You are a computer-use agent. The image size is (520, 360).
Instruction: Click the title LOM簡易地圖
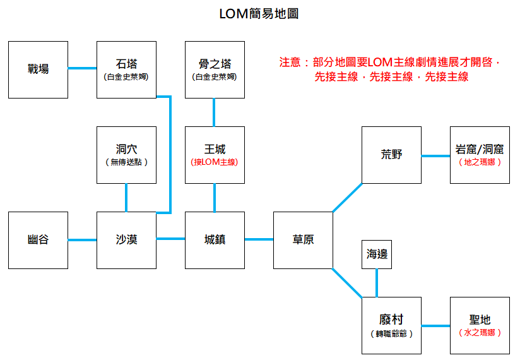(x=259, y=14)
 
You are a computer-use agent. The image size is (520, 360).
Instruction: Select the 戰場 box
(x=38, y=69)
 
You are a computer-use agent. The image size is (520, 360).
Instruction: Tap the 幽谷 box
(x=38, y=240)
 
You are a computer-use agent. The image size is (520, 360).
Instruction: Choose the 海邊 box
(x=377, y=255)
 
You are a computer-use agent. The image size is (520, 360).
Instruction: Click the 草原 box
(x=303, y=240)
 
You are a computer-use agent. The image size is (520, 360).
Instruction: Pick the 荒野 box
(x=391, y=155)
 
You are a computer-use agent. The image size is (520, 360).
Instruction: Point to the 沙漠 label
(x=126, y=239)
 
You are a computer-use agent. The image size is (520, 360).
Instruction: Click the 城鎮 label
(x=215, y=239)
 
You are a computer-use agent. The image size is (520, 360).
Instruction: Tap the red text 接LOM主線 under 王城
(x=214, y=162)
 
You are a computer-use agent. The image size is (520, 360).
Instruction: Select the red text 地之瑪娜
(x=480, y=162)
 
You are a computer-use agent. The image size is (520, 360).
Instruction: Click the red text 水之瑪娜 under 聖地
(x=480, y=333)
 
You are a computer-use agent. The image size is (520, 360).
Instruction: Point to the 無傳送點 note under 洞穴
(x=126, y=162)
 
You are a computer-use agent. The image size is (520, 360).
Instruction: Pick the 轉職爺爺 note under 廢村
(x=391, y=333)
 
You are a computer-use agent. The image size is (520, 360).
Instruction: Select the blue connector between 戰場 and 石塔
(x=82, y=68)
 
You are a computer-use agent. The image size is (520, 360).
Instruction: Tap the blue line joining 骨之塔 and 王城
(x=214, y=112)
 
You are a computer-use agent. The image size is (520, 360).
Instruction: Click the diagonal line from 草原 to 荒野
(x=347, y=198)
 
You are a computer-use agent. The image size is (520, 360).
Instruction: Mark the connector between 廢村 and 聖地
(x=436, y=326)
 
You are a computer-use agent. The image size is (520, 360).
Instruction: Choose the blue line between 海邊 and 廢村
(x=377, y=283)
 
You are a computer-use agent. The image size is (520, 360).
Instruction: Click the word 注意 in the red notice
(x=290, y=63)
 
